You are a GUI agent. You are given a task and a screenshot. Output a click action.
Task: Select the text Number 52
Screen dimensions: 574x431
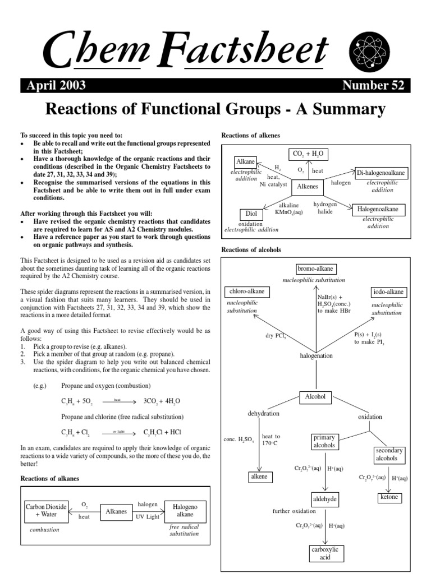(372, 85)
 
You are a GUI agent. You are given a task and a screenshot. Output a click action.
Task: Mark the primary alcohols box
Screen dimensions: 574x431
(324, 441)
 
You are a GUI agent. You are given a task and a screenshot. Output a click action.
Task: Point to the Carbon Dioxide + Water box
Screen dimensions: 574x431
(46, 510)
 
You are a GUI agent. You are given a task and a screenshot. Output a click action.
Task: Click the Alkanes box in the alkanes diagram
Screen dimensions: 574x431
(116, 511)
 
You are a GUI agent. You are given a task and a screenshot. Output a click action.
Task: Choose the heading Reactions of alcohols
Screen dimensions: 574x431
(251, 249)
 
